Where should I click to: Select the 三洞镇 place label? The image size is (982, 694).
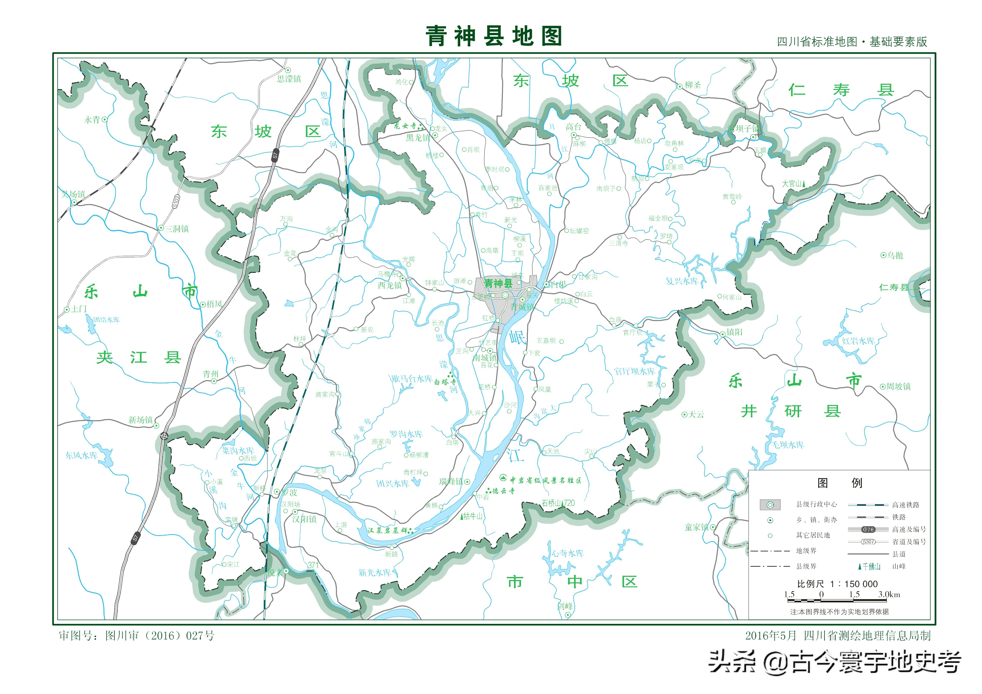177,229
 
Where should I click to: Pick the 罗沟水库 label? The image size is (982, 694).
406,434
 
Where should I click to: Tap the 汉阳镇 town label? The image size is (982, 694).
304,519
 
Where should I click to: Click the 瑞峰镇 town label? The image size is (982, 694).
451,481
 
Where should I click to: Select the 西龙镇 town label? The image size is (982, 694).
390,285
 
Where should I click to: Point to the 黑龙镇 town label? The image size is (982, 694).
418,138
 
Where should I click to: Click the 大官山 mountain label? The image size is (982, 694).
792,184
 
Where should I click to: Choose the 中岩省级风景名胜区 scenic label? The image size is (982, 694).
545,480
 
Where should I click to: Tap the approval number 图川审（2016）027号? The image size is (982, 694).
160,636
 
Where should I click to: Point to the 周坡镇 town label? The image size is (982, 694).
898,387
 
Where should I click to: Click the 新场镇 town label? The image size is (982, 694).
141,420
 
